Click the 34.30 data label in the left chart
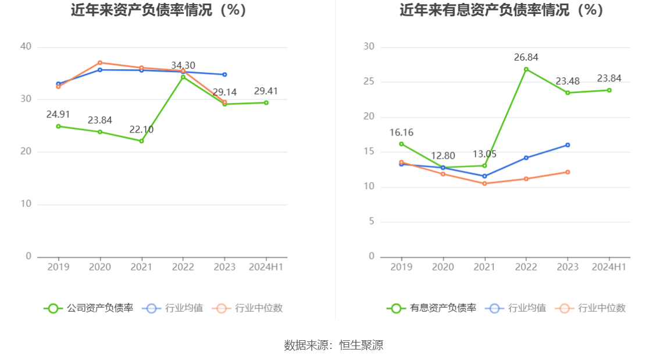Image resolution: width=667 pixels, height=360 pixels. click(x=183, y=66)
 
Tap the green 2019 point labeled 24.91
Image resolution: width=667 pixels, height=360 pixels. click(x=58, y=126)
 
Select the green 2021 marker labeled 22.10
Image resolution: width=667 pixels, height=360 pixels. click(x=141, y=141)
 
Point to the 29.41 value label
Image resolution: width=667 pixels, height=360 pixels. click(x=266, y=91)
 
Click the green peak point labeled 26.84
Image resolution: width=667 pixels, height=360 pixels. click(x=526, y=69)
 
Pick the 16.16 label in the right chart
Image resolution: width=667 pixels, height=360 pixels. click(x=401, y=133)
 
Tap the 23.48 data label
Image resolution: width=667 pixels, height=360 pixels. click(x=568, y=81)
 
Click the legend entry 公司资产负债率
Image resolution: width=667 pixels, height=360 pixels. click(x=88, y=308)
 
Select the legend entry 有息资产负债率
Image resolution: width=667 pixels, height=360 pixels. click(x=431, y=308)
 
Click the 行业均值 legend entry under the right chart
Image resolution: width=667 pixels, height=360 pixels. click(x=518, y=308)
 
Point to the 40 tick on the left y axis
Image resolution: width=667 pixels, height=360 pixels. click(x=26, y=47)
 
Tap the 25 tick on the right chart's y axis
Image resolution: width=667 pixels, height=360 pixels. click(x=369, y=82)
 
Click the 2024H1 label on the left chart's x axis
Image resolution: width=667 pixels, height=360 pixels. click(x=266, y=267)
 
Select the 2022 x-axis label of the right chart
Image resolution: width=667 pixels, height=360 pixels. click(x=526, y=267)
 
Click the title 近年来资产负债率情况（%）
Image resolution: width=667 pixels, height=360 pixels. click(x=159, y=10)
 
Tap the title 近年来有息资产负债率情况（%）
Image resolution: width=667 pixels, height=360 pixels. click(x=501, y=10)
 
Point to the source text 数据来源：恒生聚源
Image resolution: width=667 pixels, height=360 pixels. click(x=333, y=345)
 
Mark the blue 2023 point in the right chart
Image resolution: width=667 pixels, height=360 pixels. click(x=568, y=145)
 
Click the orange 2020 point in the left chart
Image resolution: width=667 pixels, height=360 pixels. click(x=100, y=62)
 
